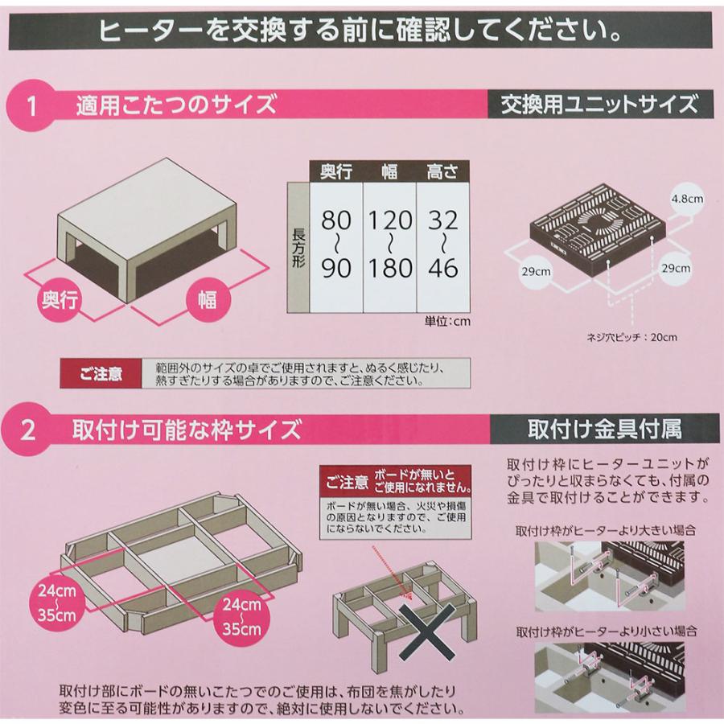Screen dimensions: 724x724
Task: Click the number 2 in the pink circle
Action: (29, 430)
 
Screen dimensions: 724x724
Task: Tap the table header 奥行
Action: (336, 171)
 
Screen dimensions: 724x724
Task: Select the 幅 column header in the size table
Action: (389, 171)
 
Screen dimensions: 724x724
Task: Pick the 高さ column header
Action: (443, 171)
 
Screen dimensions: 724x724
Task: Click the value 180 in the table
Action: (389, 267)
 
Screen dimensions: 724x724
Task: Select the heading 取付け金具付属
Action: (604, 428)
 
